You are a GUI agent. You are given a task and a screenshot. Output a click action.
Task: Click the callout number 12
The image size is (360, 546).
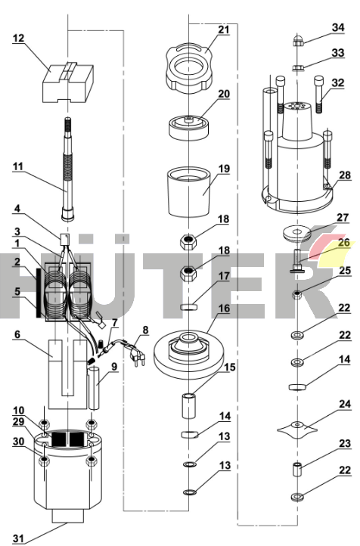pos(18,38)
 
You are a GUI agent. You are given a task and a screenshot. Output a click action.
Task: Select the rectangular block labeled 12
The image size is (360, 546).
pos(69,83)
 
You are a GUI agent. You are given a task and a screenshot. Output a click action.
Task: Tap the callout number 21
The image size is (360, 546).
pos(224,30)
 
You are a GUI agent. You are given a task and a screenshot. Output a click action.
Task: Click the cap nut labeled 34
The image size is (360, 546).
pos(297,40)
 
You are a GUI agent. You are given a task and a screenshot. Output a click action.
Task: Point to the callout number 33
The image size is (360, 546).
pos(338,53)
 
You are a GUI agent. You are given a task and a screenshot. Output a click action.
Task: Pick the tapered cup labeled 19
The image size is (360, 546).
pos(189,192)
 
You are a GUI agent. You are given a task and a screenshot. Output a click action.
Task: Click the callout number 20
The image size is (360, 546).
pos(224,94)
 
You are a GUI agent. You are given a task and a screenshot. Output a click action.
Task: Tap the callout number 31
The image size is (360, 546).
pos(18,538)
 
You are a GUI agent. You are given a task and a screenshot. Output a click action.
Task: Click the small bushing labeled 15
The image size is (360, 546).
pos(188,405)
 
